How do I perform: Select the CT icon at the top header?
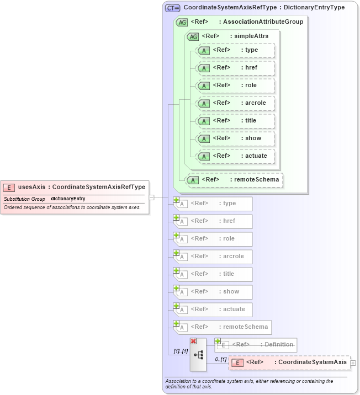pyautogui.click(x=173, y=8)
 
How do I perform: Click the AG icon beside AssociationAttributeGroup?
pyautogui.click(x=182, y=22)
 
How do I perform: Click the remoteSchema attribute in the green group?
pyautogui.click(x=234, y=179)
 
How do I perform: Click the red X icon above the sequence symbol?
pyautogui.click(x=193, y=341)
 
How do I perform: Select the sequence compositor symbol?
pyautogui.click(x=198, y=355)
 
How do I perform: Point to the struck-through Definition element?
pyautogui.click(x=256, y=345)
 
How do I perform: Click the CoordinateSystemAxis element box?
pyautogui.click(x=289, y=362)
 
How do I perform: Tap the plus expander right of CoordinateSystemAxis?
pyautogui.click(x=353, y=363)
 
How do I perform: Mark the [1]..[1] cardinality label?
pyautogui.click(x=181, y=351)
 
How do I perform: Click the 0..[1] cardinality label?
pyautogui.click(x=220, y=360)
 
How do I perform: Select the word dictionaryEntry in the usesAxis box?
pyautogui.click(x=68, y=199)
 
